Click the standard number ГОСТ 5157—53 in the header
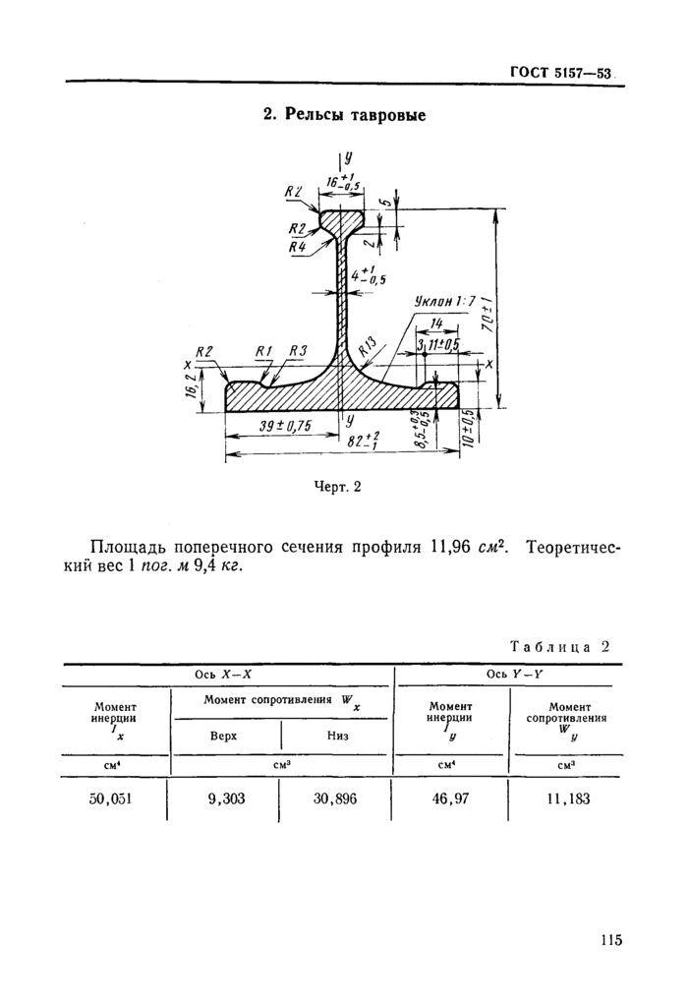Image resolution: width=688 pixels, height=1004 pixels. click(x=561, y=72)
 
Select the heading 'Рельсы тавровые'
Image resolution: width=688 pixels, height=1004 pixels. click(x=343, y=116)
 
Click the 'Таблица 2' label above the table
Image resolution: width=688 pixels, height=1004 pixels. click(x=560, y=647)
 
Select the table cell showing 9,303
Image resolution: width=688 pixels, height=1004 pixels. click(x=226, y=798)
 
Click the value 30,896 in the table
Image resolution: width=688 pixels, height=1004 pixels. click(x=337, y=798)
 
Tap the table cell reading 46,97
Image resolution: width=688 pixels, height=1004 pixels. click(x=451, y=798)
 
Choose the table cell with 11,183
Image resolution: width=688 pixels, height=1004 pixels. click(x=567, y=798)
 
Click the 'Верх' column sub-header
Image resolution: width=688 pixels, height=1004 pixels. click(x=226, y=736)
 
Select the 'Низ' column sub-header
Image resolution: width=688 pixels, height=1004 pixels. click(x=337, y=736)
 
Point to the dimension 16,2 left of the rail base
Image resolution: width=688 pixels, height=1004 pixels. click(x=190, y=389)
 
